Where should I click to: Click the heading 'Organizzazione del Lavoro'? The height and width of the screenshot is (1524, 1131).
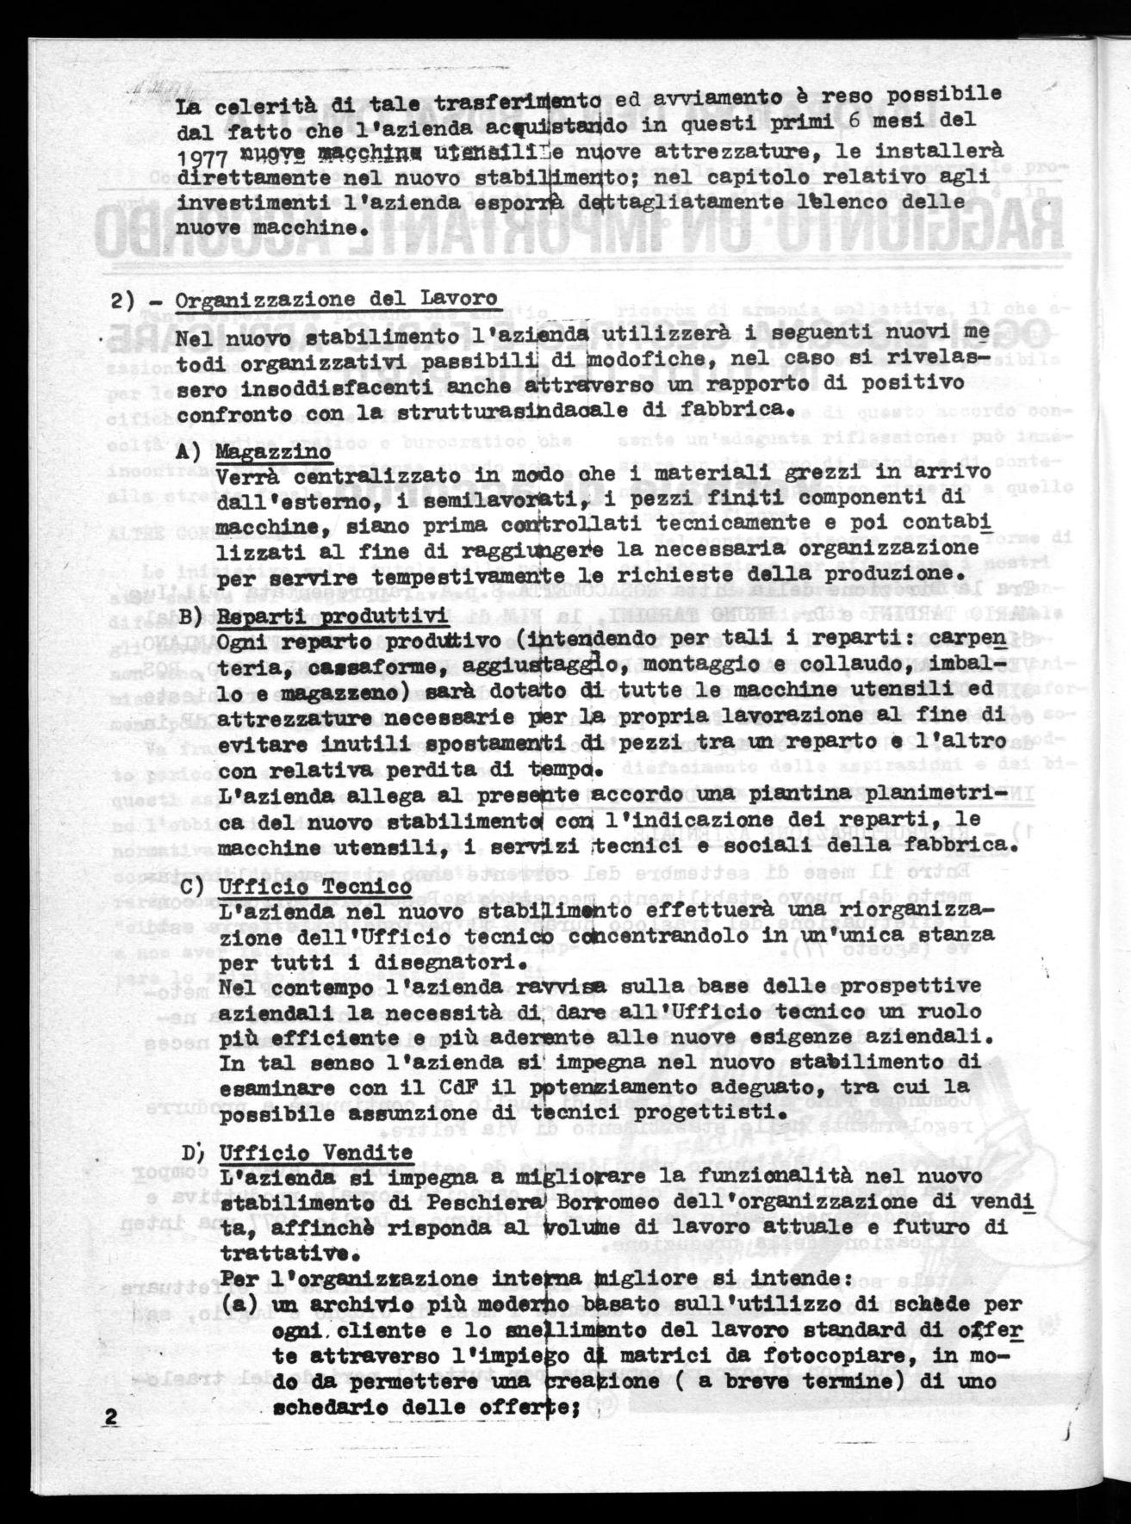click(x=337, y=300)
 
